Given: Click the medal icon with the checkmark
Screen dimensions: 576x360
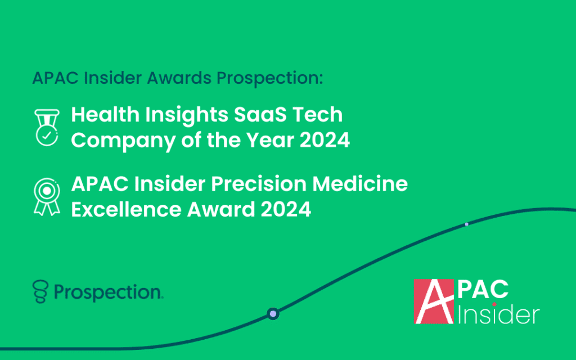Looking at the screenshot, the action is coord(47,128).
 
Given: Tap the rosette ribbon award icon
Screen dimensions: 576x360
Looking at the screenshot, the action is coord(47,197).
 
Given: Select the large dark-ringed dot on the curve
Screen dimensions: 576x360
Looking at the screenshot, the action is coord(273,314).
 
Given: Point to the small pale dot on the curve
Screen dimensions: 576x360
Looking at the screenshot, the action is coord(466,224).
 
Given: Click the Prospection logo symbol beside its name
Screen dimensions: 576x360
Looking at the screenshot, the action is coord(40,292).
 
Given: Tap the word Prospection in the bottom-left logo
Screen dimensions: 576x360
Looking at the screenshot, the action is coord(109,292).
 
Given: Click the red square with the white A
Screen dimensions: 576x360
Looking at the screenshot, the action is coord(434,301).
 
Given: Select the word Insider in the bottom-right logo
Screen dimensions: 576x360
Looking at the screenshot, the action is coord(498,315).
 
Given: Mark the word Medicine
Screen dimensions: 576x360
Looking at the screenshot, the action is coord(360,184).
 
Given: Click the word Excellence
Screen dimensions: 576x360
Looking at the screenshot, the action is coord(127,209).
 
